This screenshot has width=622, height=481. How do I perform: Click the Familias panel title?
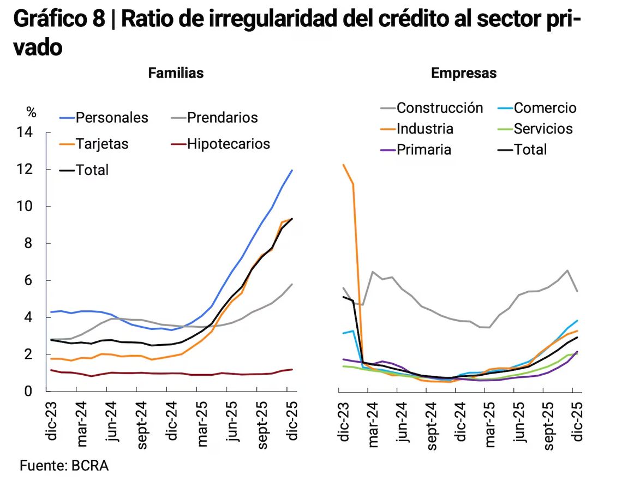click(176, 73)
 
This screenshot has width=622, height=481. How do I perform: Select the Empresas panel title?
click(464, 73)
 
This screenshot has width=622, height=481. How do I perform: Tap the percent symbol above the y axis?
click(32, 113)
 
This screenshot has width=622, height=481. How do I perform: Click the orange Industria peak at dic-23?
click(343, 165)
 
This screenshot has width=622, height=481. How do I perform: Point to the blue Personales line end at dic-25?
click(292, 171)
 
